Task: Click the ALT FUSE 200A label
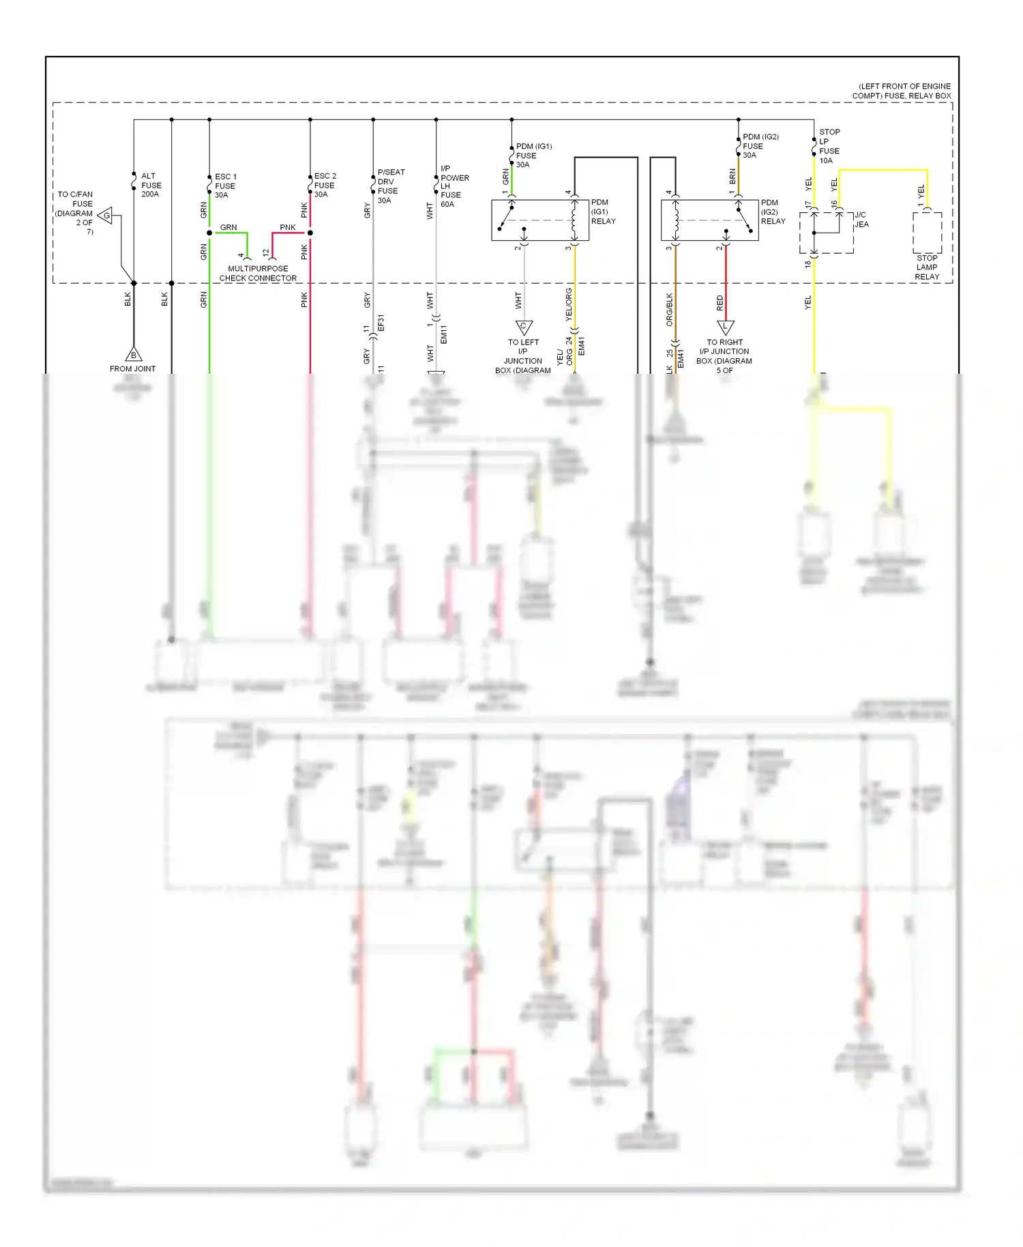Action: pos(151,185)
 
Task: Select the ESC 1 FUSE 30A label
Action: pos(225,186)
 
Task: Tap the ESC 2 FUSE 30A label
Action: pos(325,185)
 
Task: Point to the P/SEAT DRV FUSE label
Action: pos(390,186)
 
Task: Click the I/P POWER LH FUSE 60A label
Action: pos(454,186)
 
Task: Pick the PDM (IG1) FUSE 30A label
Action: pos(533,156)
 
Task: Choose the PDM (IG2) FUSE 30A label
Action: pos(760,146)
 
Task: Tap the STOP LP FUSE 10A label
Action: pos(829,146)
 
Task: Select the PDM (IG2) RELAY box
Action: pos(709,220)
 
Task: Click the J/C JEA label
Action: pos(861,220)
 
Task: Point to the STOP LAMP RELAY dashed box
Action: pos(927,233)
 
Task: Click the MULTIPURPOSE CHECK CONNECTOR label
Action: pos(258,274)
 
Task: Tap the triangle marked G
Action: pos(106,216)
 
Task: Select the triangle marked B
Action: pos(134,355)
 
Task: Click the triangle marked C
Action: pos(523,327)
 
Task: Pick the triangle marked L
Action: pos(725,327)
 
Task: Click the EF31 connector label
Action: pos(381,323)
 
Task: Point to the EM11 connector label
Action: pos(444,335)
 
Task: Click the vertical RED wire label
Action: pos(720,303)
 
